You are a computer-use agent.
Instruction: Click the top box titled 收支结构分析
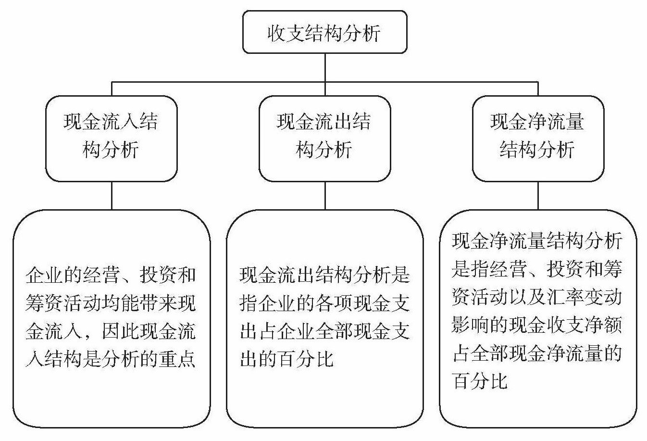coord(324,32)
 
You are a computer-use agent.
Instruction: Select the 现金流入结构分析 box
coord(111,138)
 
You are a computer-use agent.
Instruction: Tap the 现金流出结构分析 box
coord(324,138)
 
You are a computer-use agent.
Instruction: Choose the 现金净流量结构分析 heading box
coord(537,138)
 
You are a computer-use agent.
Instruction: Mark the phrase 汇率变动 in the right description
coord(585,298)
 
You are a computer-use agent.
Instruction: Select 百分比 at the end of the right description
coord(480,381)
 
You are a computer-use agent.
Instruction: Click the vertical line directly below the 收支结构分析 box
coord(325,67)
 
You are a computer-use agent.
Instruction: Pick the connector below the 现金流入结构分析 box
coord(112,195)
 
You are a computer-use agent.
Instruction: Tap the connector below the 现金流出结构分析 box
coord(325,195)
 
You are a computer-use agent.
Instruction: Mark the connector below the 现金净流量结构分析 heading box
coord(538,195)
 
